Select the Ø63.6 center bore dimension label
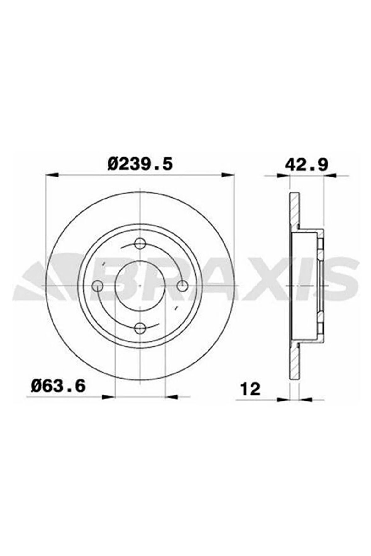coord(58,385)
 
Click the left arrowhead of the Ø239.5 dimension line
coord(52,175)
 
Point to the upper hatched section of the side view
coord(294,210)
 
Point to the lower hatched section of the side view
coord(294,361)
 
